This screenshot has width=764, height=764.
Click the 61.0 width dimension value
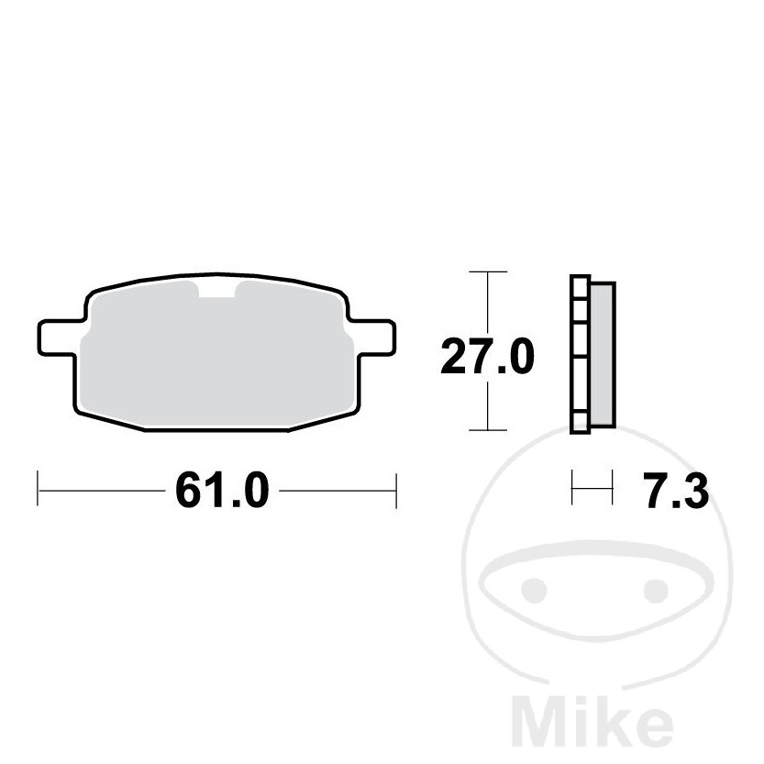click(222, 490)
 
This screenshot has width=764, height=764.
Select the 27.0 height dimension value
click(487, 357)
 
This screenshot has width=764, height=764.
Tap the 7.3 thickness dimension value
click(677, 491)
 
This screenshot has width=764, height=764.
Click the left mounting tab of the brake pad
click(58, 338)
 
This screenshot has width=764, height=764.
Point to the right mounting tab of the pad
click(376, 338)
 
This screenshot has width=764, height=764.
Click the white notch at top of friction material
click(216, 290)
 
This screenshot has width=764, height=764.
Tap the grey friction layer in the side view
click(603, 355)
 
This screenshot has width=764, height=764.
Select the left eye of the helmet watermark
click(534, 590)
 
